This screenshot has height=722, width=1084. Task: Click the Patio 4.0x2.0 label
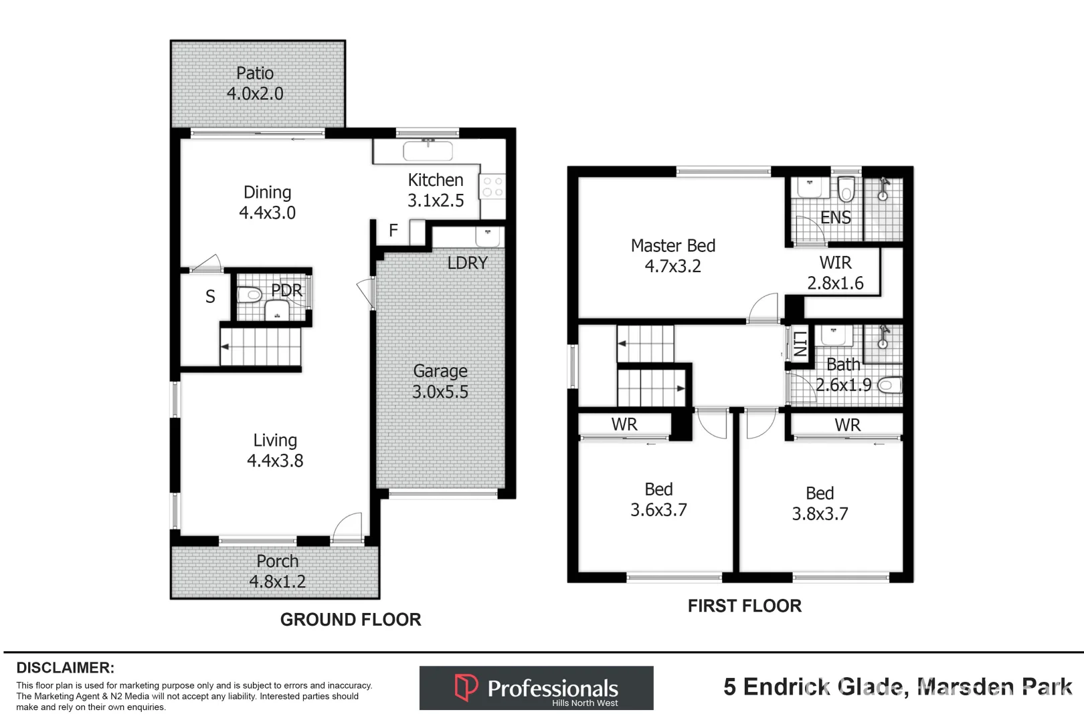tap(255, 84)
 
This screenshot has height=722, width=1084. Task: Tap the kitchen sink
tap(428, 150)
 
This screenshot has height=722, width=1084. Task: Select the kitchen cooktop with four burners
tap(492, 187)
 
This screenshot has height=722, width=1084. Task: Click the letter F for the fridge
tap(393, 231)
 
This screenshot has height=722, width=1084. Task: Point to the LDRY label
tap(467, 263)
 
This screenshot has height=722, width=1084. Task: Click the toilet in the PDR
tap(250, 294)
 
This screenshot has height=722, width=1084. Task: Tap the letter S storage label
tap(210, 297)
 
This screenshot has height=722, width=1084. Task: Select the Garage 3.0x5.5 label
tap(440, 381)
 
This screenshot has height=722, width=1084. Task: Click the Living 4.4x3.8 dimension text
tap(275, 461)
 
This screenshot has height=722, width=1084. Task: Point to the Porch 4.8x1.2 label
tap(277, 572)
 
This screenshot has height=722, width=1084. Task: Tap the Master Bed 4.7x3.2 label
tap(672, 255)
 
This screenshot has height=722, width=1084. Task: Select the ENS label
tap(835, 218)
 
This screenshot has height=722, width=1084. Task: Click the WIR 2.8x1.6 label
tap(835, 273)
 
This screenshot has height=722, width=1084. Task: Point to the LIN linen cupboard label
tap(800, 345)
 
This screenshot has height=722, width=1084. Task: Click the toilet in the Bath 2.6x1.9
tap(889, 385)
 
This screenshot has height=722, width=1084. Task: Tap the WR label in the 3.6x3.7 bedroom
tap(624, 425)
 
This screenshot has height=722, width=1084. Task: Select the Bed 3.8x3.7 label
tap(820, 503)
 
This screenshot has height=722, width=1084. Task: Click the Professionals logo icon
tap(466, 687)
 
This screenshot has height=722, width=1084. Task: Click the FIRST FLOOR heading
tap(744, 606)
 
